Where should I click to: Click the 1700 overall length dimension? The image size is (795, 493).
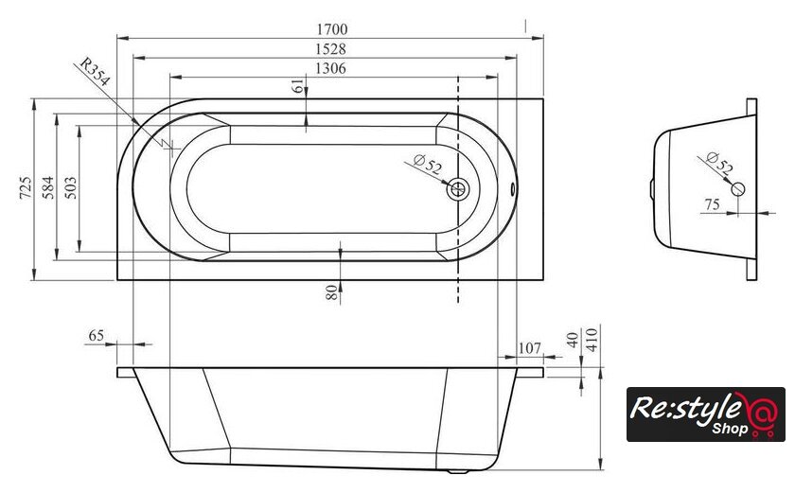[x=332, y=29]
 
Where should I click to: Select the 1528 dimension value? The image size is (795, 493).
[x=330, y=48]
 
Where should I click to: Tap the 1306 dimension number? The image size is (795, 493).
[x=330, y=68]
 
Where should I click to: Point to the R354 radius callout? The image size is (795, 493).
[x=95, y=72]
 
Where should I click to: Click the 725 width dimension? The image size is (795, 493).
[x=26, y=187]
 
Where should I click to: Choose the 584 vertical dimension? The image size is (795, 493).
[x=48, y=187]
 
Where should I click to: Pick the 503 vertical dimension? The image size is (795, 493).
[x=71, y=187]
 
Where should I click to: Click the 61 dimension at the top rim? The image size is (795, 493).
[x=299, y=85]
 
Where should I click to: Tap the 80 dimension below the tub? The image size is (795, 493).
[x=331, y=292]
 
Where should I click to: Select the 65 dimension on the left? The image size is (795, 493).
[x=97, y=335]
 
